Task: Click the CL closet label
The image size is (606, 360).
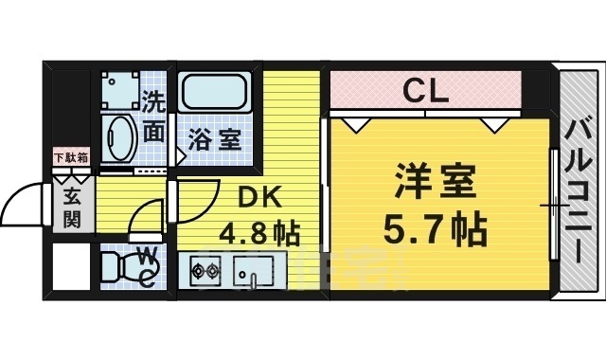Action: [x=425, y=92]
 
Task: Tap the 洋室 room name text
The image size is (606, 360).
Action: [x=437, y=180]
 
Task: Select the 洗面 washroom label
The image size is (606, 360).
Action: [x=155, y=117]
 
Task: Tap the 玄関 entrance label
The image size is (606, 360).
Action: [x=72, y=207]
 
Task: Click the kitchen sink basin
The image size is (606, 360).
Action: [x=255, y=270]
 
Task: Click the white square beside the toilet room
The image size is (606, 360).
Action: [x=69, y=268]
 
